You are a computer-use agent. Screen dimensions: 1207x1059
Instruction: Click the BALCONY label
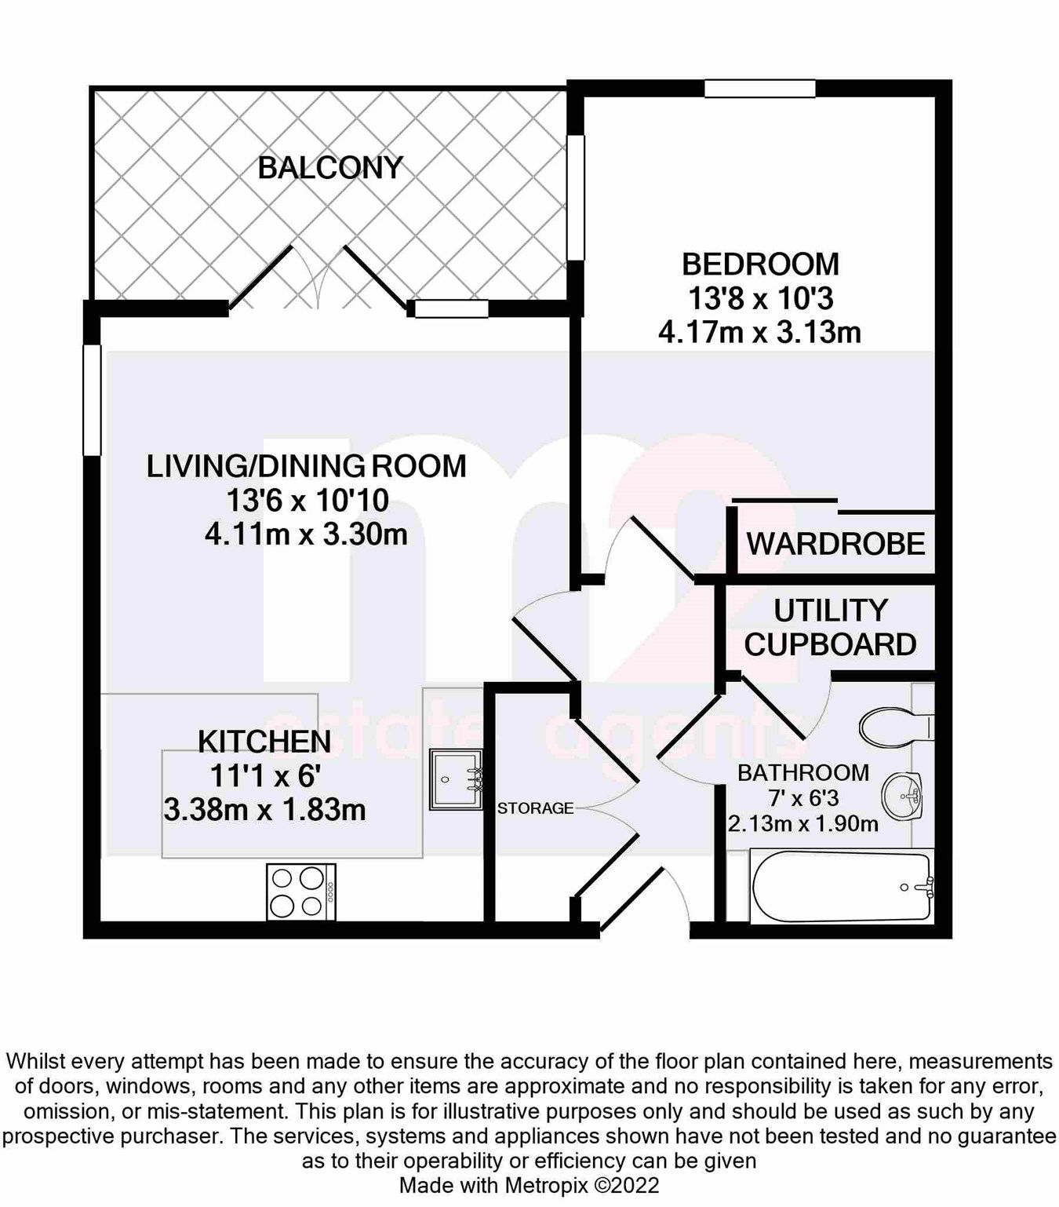[x=330, y=168]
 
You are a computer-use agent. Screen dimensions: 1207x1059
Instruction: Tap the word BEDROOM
[x=760, y=264]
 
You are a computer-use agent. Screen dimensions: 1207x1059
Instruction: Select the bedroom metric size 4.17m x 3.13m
[x=759, y=333]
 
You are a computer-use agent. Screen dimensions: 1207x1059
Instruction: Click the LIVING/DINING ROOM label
[x=306, y=466]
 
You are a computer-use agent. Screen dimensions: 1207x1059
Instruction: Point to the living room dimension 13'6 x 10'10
[x=306, y=501]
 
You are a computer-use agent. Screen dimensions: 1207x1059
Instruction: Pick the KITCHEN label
[x=264, y=741]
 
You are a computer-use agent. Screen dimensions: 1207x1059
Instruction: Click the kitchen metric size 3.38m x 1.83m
[x=264, y=809]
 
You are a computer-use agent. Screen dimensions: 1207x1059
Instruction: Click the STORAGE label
[x=536, y=808]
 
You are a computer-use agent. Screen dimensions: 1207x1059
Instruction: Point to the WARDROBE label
[x=835, y=544]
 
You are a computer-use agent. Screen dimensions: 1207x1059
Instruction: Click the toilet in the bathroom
[x=895, y=727]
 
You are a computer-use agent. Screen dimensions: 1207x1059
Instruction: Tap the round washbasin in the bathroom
[x=903, y=796]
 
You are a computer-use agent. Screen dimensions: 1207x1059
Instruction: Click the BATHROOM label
[x=803, y=773]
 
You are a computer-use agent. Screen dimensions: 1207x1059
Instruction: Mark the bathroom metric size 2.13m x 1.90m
[x=802, y=824]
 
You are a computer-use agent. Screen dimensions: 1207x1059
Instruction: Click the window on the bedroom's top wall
[x=760, y=89]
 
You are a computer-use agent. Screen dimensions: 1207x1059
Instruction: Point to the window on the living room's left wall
[x=93, y=400]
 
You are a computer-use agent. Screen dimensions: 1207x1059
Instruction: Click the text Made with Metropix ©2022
[x=529, y=1185]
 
